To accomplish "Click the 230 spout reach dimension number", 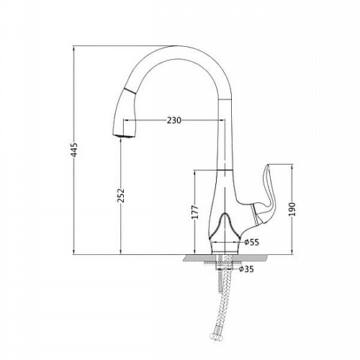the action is click(174, 120).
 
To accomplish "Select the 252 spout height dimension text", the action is click(122, 195).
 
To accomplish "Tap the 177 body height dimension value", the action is click(195, 212).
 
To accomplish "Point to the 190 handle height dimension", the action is click(292, 209).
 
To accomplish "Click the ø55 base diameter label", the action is click(252, 243).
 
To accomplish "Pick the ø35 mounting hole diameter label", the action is click(246, 269).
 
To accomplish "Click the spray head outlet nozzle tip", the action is click(124, 136).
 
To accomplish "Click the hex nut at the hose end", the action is click(217, 337).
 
